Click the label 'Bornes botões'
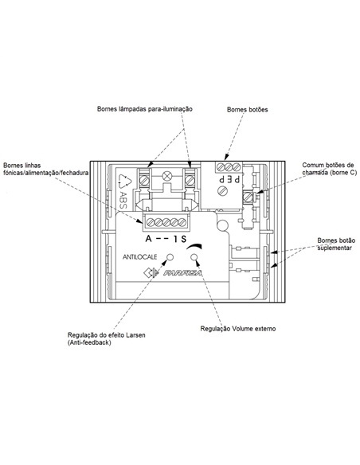248,109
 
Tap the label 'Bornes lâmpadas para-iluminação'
145,109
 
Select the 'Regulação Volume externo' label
238,329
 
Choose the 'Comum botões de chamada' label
329,169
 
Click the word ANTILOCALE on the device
139,257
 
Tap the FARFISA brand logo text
182,273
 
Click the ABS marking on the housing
122,200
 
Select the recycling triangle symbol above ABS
124,182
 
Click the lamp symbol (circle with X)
166,176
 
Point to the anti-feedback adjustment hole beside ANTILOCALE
170,257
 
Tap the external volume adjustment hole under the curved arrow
194,257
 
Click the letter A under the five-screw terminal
149,238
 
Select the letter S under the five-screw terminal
183,238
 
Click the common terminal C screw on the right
248,197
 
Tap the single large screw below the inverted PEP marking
222,190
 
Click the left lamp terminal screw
144,180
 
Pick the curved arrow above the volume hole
194,246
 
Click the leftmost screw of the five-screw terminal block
151,222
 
